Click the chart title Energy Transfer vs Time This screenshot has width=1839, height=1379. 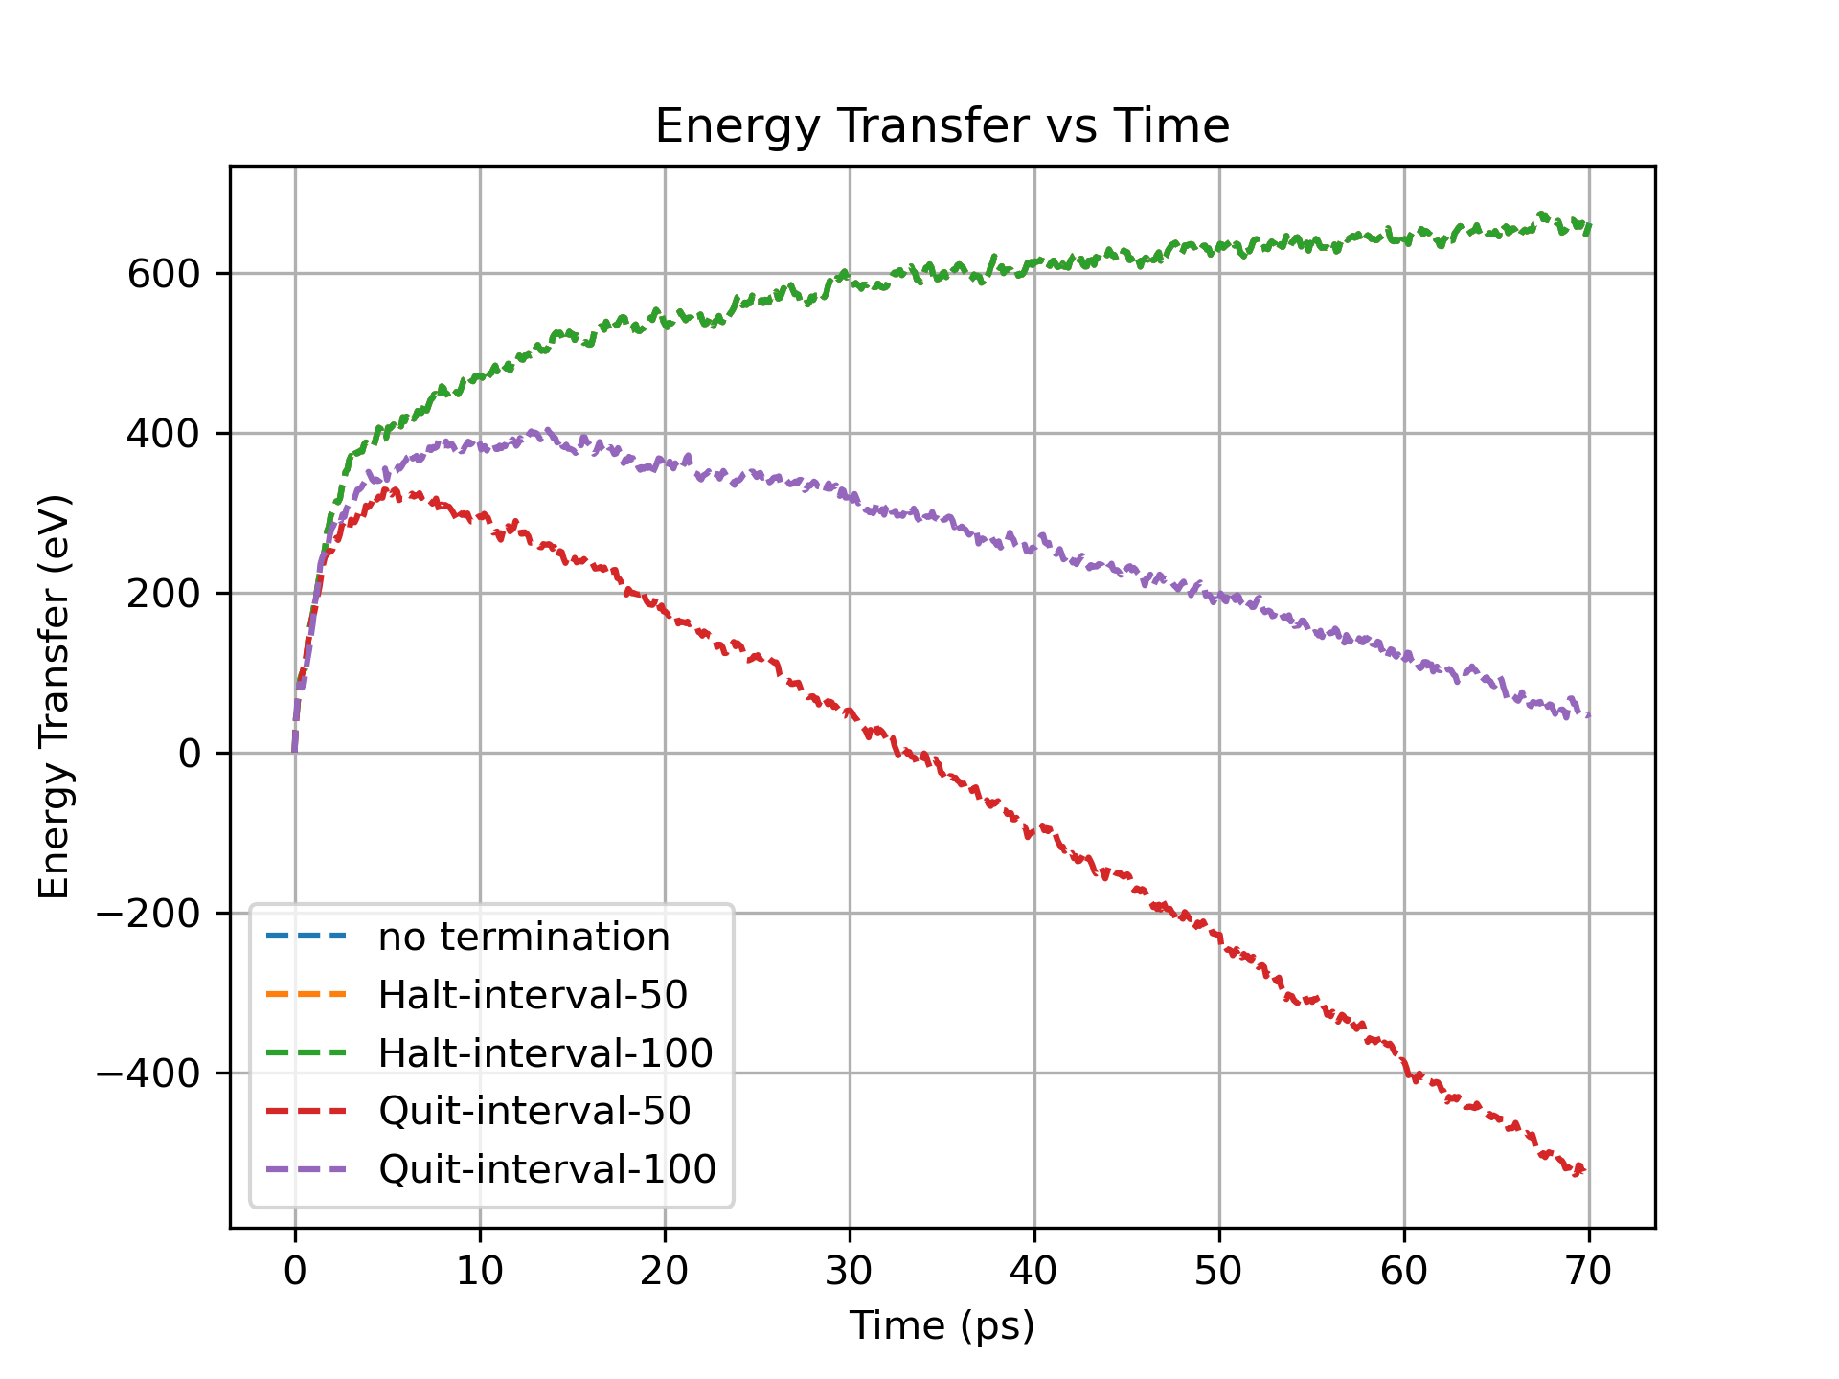[942, 126]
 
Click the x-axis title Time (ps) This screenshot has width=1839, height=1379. [942, 1325]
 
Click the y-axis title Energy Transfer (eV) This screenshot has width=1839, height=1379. [55, 696]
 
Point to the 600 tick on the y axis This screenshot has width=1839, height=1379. [164, 274]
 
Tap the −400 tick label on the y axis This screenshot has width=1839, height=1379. [148, 1074]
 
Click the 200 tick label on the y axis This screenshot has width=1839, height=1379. [164, 594]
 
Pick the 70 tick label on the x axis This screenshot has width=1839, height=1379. [1589, 1271]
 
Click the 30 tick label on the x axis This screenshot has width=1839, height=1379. [850, 1271]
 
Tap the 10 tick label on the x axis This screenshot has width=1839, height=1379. [480, 1271]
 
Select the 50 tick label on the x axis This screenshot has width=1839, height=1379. [1219, 1271]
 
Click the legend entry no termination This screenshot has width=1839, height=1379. [524, 937]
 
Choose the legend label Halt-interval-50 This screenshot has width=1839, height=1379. [533, 995]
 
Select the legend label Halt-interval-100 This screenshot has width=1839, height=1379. [545, 1053]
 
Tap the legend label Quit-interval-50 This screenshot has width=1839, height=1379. [534, 1111]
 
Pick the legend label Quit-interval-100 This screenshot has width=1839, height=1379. [547, 1169]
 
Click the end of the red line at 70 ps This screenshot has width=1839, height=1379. [1586, 1168]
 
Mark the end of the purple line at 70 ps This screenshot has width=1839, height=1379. [1588, 714]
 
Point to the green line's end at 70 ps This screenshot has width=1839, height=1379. [1588, 228]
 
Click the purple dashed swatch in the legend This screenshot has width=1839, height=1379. [306, 1169]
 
